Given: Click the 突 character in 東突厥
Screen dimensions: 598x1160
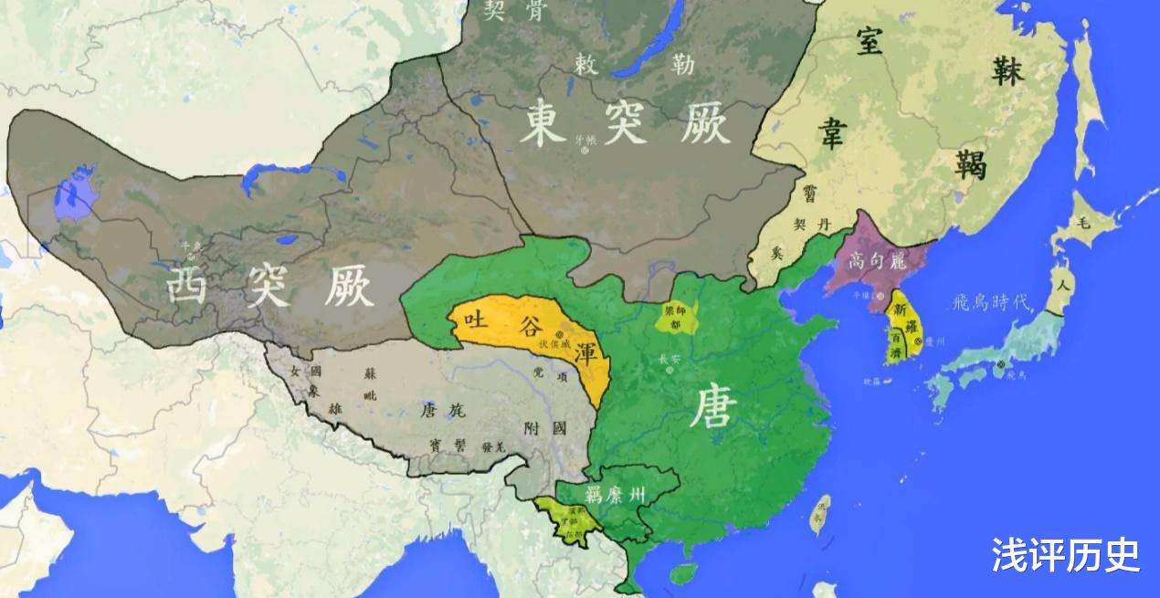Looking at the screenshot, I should (x=626, y=124).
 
